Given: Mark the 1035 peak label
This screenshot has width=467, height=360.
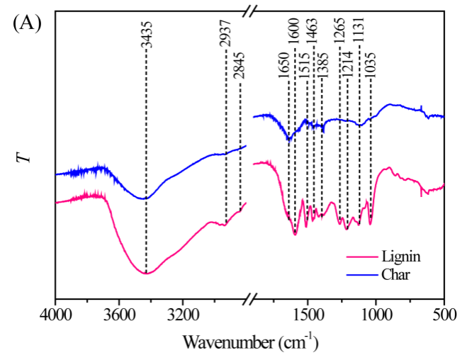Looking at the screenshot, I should click(x=370, y=63).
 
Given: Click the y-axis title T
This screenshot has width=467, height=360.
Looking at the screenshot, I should click(x=26, y=154).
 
